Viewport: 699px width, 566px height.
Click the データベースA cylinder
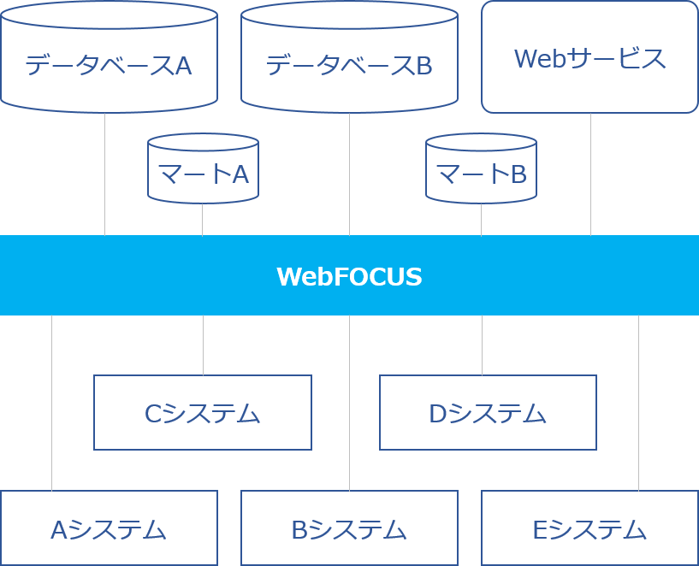[109, 64]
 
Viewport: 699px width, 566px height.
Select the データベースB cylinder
[349, 64]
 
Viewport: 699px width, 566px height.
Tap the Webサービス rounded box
[589, 57]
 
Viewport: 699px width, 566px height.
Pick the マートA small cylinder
[203, 174]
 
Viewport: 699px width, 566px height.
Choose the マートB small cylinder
[481, 174]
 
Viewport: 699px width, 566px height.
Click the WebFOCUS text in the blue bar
[349, 276]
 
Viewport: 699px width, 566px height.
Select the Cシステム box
[203, 413]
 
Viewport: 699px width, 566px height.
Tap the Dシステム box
[488, 413]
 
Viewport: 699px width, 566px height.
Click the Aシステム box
[109, 529]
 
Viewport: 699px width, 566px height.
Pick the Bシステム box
[349, 529]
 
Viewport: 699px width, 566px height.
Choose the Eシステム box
[589, 529]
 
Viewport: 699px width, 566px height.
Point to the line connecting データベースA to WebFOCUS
[104, 175]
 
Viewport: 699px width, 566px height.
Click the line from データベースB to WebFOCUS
[349, 175]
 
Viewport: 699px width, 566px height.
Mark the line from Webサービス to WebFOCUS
[590, 175]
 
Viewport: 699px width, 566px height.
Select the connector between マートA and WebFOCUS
[202, 220]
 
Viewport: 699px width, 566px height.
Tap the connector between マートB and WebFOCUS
[481, 220]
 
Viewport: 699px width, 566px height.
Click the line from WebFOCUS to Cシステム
[203, 345]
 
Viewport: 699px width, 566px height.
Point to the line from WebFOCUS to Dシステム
[482, 345]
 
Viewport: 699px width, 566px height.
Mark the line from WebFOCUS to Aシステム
[51, 402]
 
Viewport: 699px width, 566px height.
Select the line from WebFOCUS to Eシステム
[638, 402]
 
